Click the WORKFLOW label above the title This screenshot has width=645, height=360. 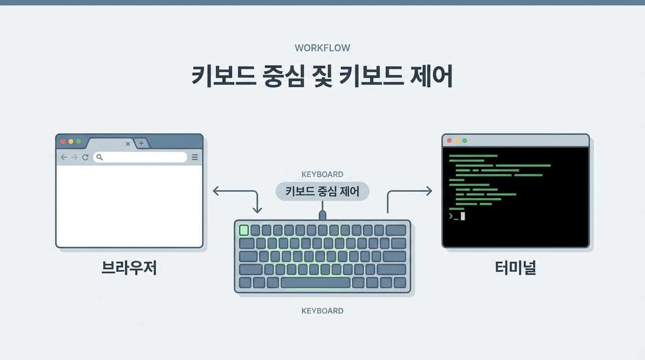click(x=322, y=48)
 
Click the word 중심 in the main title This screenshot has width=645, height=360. click(x=284, y=76)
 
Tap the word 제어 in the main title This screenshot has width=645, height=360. click(x=431, y=76)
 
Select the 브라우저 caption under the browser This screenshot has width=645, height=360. click(x=129, y=268)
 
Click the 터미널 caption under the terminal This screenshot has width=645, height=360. click(x=516, y=268)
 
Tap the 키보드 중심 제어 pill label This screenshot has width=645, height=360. click(x=322, y=191)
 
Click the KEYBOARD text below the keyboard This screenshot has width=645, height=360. click(x=322, y=311)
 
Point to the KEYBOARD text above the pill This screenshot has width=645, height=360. click(x=322, y=174)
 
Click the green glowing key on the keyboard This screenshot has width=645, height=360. click(x=244, y=230)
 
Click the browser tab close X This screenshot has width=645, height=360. click(x=128, y=144)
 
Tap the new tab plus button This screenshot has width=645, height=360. click(x=141, y=143)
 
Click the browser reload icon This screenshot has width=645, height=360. click(x=85, y=157)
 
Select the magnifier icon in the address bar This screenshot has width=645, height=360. click(x=100, y=157)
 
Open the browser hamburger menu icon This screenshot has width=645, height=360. click(x=195, y=157)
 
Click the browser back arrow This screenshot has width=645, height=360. click(x=64, y=157)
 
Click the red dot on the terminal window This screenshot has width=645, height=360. click(x=449, y=141)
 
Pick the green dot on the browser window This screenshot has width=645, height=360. click(x=78, y=142)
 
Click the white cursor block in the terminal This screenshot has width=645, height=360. click(x=463, y=216)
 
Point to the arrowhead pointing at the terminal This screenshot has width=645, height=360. click(x=429, y=191)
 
